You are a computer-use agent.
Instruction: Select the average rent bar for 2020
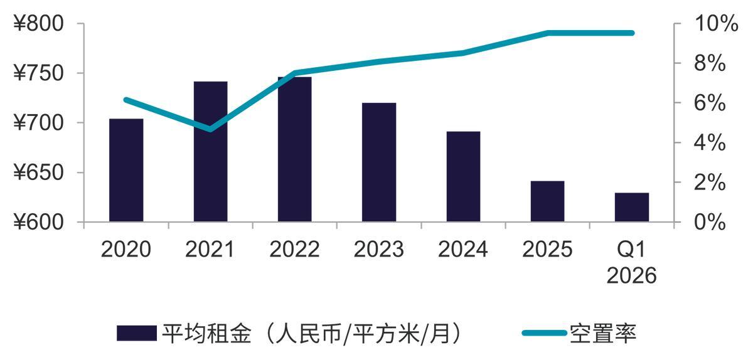click(x=126, y=170)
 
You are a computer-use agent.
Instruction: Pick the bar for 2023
click(x=379, y=162)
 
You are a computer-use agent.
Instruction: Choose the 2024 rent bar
click(x=463, y=176)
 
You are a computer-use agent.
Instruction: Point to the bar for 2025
click(x=547, y=201)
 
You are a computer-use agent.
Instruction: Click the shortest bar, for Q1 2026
click(x=631, y=207)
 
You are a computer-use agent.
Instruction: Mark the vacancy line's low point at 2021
click(x=210, y=130)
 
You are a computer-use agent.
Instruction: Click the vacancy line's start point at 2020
click(x=126, y=100)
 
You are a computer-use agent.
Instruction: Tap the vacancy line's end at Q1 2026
click(x=631, y=33)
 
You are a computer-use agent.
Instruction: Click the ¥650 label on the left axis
click(x=39, y=173)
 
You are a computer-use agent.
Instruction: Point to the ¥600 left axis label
click(x=39, y=223)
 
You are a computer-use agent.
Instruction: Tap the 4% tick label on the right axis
click(x=710, y=143)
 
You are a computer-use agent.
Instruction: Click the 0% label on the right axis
click(x=710, y=223)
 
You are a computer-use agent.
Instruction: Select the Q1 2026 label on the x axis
click(x=631, y=263)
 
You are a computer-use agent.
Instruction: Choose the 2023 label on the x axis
click(x=378, y=250)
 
